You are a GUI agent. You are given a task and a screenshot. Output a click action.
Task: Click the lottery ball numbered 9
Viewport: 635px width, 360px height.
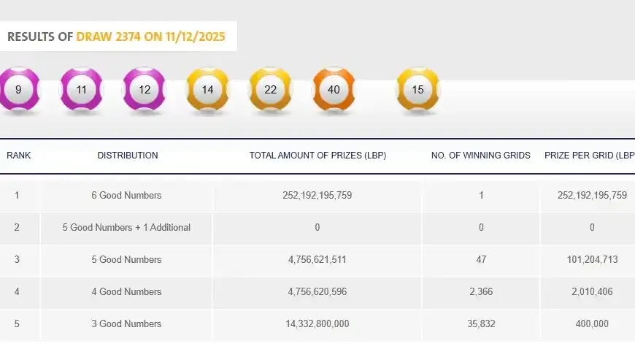click(x=18, y=90)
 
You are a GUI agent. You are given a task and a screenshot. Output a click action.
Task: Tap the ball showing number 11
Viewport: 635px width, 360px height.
click(x=81, y=90)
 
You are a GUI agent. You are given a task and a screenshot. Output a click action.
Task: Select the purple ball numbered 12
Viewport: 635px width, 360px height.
click(x=145, y=90)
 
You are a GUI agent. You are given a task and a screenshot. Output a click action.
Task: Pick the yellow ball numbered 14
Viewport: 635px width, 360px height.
click(x=207, y=90)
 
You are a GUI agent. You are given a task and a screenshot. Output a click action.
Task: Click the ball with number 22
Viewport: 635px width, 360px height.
click(x=271, y=90)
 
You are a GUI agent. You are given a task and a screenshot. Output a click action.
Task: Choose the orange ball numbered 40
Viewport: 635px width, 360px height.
click(x=334, y=90)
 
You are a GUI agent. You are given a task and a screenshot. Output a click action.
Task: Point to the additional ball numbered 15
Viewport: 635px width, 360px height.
click(x=417, y=90)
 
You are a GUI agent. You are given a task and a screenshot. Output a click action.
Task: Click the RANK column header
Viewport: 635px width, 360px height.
click(x=19, y=156)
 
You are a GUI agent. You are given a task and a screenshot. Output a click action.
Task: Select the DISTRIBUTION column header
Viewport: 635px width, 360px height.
click(x=128, y=156)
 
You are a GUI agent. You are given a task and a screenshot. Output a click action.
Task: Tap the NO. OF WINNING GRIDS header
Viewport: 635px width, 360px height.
click(x=481, y=156)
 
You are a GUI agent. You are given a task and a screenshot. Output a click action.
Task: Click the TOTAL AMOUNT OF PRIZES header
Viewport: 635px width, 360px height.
click(x=317, y=156)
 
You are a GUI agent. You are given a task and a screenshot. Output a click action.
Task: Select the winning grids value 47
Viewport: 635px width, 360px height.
click(x=481, y=259)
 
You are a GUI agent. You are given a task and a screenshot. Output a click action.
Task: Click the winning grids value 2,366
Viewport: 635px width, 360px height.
click(x=481, y=291)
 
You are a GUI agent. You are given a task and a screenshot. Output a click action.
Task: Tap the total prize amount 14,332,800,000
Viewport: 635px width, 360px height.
click(x=317, y=323)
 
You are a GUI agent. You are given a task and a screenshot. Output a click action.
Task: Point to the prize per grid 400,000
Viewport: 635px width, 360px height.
click(x=592, y=323)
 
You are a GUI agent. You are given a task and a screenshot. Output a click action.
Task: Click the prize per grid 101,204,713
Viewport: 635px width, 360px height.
click(x=592, y=259)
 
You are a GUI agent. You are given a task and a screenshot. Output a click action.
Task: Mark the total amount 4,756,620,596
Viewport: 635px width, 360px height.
click(x=317, y=291)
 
